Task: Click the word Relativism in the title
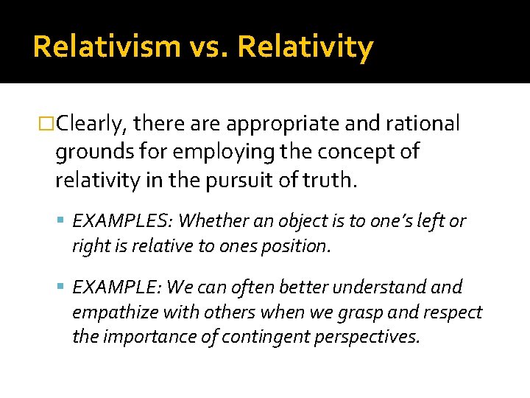106,46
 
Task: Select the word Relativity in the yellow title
305,46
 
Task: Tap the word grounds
91,152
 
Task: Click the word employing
192,152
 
